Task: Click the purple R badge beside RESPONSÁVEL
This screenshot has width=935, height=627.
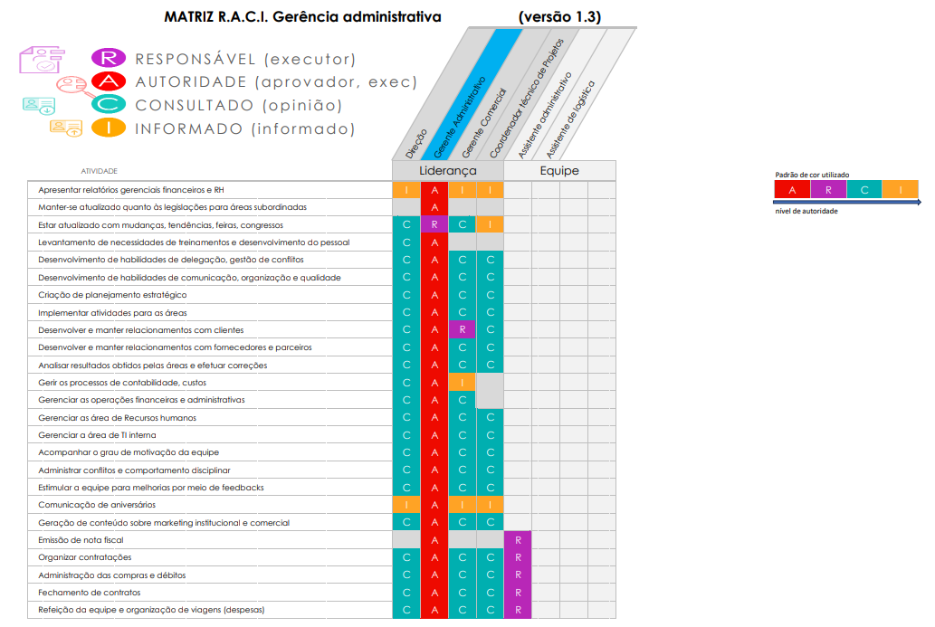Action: coord(109,58)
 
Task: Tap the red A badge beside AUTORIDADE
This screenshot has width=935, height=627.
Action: coord(109,81)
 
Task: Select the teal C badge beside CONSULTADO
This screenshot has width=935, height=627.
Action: coord(109,104)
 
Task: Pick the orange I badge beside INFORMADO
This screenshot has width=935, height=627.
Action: coord(109,128)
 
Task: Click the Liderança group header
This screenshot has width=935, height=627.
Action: coord(448,170)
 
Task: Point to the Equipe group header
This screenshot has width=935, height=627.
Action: coord(559,170)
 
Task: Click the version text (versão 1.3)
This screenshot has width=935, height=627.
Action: coord(559,16)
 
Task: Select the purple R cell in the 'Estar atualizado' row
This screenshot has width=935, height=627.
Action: coord(434,224)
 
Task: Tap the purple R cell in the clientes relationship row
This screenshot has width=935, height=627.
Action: coord(463,329)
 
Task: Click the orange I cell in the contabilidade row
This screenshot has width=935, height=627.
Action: coord(463,382)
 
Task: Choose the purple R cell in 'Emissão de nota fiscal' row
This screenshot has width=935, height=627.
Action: coord(518,540)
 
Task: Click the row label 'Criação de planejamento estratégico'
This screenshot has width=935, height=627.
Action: coord(112,295)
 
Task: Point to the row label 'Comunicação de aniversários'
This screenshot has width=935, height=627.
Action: coord(97,505)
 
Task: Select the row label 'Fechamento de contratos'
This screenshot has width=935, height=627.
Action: coord(90,593)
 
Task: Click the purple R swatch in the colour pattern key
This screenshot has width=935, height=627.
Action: coord(828,189)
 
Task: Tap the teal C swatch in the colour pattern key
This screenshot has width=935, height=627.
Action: coord(864,189)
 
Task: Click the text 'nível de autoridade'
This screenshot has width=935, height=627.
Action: coord(806,211)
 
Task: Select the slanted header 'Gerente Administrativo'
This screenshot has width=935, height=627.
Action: coord(460,116)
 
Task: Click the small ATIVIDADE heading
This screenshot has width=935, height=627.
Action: coord(99,171)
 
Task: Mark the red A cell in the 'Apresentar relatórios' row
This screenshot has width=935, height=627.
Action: coord(434,190)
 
